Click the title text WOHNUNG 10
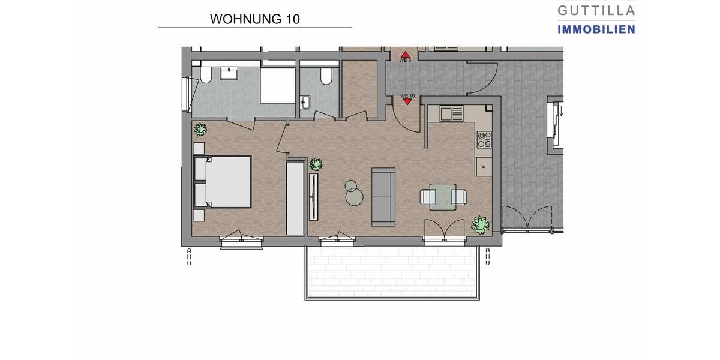254,19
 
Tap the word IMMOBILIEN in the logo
596,29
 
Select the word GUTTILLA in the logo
596,10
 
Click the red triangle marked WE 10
408,101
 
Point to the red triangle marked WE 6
405,54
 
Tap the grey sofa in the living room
383,197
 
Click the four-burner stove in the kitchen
484,139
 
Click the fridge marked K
484,166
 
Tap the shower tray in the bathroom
278,85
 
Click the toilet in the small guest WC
326,76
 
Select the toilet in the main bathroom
205,75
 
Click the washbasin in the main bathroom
230,73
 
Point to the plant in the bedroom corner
200,128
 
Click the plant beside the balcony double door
480,224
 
